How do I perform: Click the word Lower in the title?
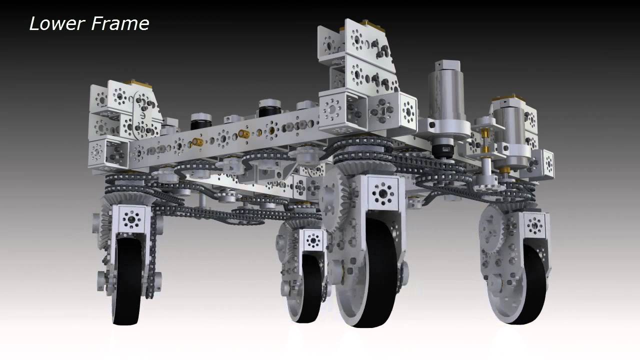pos(56,23)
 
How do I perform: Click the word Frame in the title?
pos(120,23)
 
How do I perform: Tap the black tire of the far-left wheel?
pos(127,281)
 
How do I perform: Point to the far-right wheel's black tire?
pos(531,284)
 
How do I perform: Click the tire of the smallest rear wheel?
pos(311,288)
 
